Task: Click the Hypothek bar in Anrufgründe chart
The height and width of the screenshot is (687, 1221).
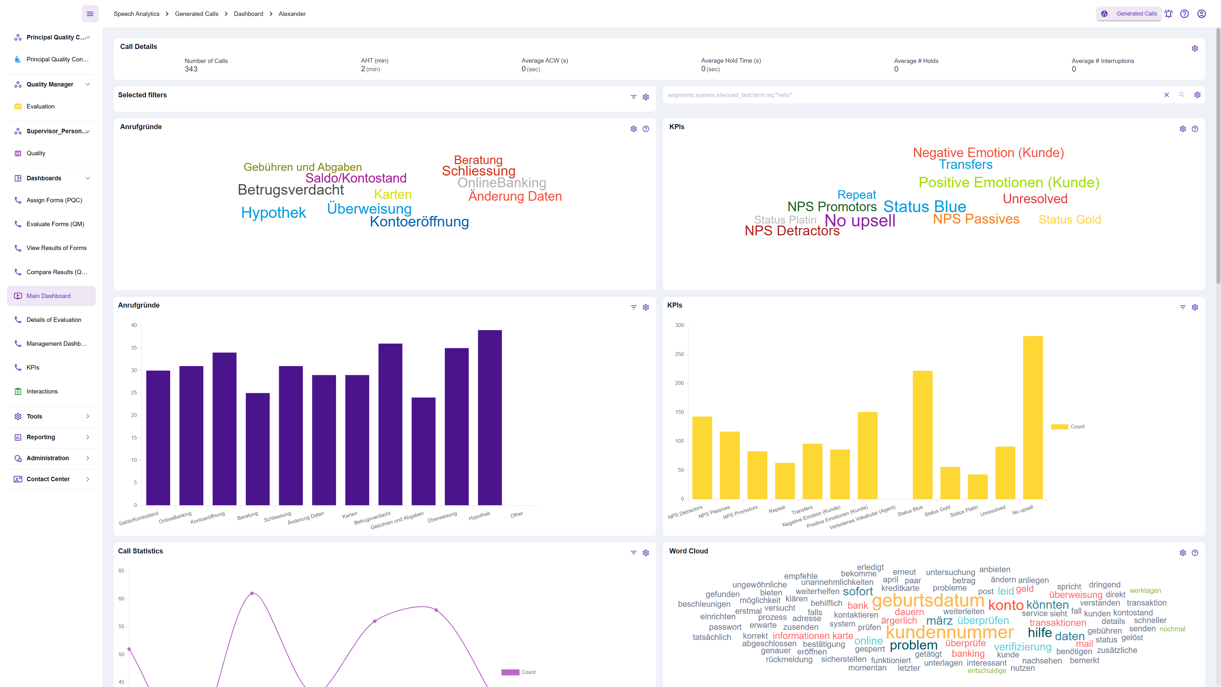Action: coord(490,417)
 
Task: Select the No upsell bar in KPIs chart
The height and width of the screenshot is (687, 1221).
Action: coord(1032,417)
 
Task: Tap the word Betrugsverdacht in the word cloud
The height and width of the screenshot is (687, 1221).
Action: coord(291,190)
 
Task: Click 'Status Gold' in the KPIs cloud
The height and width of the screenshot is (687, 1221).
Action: coord(1069,219)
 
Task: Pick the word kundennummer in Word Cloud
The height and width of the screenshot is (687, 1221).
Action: coord(949,632)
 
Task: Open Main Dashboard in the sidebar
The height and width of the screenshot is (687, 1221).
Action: coord(48,296)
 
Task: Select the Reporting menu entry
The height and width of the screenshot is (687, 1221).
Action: coord(41,437)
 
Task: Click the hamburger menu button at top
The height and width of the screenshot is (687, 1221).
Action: coord(90,14)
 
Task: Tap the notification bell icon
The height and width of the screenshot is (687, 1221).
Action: coord(1169,14)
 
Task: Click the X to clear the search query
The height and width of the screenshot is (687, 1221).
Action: coord(1167,95)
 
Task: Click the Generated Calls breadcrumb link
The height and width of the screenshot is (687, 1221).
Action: coord(196,14)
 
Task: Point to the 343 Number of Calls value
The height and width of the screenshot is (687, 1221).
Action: coord(191,69)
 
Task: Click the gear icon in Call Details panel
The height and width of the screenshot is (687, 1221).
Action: coord(1195,48)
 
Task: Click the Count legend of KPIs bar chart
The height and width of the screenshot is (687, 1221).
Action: coord(1068,427)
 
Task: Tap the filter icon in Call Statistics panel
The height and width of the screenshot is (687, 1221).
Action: coord(633,553)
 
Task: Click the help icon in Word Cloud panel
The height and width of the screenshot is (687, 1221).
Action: coord(1195,553)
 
